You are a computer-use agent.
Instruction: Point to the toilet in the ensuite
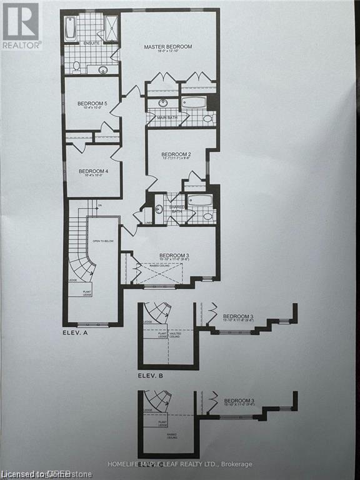[x=76, y=65]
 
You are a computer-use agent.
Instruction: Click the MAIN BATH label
[x=166, y=116]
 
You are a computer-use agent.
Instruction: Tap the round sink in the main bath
[x=162, y=103]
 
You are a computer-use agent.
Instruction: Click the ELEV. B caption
[x=152, y=376]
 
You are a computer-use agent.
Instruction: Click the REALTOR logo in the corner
[x=21, y=26]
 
